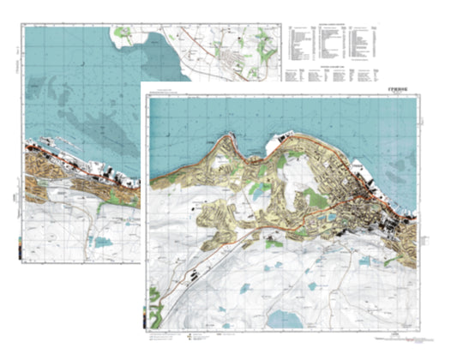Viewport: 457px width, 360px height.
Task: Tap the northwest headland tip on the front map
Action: coord(228,137)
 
